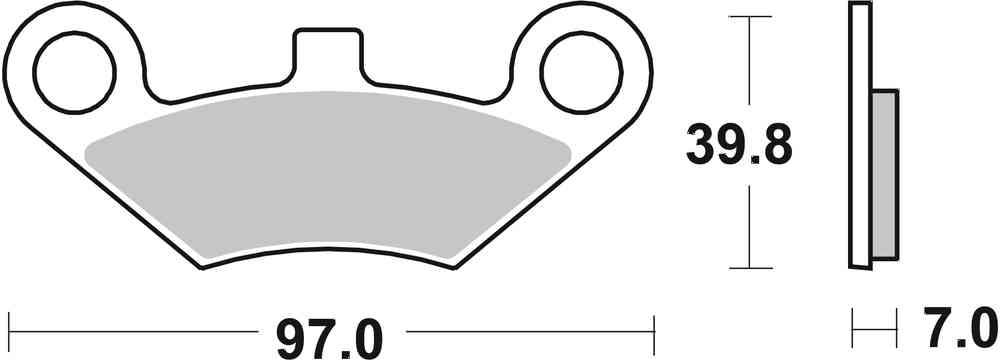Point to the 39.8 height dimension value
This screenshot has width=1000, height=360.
pos(739,146)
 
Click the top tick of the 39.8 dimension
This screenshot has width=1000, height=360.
pos(749,17)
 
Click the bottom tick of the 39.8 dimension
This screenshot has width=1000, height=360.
pos(749,268)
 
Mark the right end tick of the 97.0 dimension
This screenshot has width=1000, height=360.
pos(653,327)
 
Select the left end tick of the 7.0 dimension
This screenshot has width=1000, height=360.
pos(852,327)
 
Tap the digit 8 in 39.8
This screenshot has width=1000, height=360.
pos(774,146)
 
